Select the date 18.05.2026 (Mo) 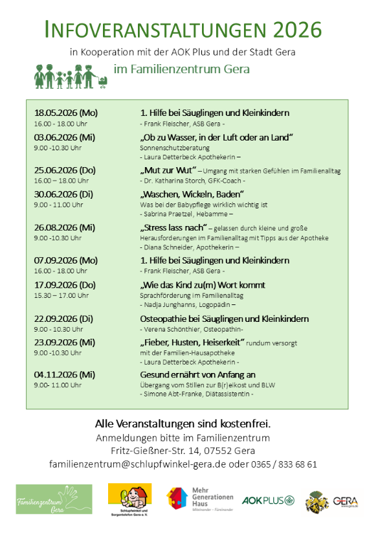pos(66,113)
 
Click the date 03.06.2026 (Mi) pos(65,137)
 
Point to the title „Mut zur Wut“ pos(161,170)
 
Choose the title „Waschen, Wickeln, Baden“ pos(192,194)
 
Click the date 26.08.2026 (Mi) pos(65,228)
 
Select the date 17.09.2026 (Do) pos(65,285)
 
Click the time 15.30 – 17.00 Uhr pos(61,295)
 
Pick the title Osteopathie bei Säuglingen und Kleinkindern pos(224,319)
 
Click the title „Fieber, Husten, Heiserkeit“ pos(192,343)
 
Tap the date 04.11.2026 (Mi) pos(65,374)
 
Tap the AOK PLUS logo pos(268,500)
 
